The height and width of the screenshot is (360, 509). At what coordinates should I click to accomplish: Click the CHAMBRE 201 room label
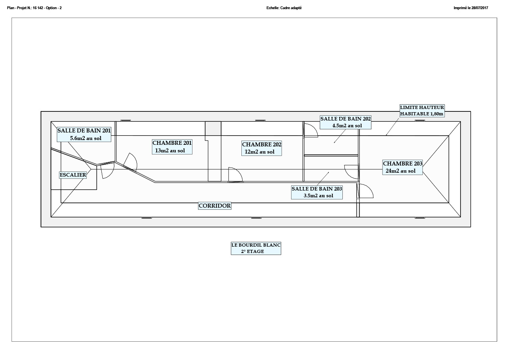[x=172, y=147]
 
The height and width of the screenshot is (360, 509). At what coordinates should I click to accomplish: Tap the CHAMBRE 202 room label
[x=262, y=148]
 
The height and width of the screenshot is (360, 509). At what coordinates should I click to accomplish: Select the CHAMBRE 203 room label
[x=402, y=167]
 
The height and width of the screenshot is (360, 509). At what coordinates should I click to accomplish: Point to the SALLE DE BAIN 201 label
[x=84, y=134]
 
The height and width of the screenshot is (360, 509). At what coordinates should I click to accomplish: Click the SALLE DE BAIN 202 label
[x=346, y=122]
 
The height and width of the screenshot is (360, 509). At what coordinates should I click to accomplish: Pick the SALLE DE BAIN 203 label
[x=317, y=192]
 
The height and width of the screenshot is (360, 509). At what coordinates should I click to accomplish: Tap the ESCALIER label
[x=73, y=175]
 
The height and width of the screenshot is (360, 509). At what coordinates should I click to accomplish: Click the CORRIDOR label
[x=214, y=206]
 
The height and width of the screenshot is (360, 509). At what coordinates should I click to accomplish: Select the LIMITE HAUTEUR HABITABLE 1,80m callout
[x=422, y=111]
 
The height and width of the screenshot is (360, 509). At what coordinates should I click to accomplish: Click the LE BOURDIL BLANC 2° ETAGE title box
[x=256, y=248]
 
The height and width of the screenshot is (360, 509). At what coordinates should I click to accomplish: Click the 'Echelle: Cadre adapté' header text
[x=284, y=8]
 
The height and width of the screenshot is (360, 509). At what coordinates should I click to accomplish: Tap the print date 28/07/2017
[x=480, y=8]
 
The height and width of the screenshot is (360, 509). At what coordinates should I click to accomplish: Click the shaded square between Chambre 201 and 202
[x=213, y=128]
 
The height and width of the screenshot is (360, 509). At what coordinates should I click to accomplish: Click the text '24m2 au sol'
[x=400, y=171]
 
